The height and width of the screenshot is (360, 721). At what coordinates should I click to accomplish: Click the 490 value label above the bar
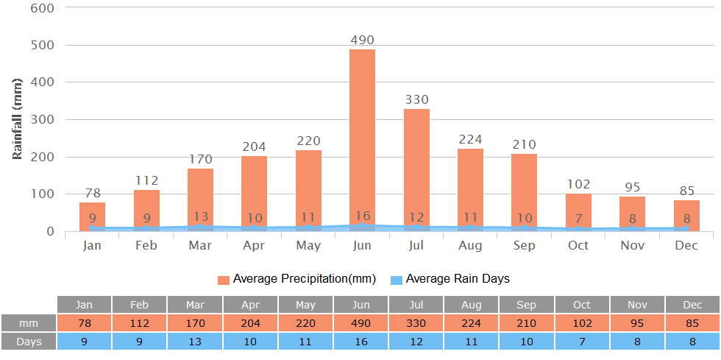pos(362,40)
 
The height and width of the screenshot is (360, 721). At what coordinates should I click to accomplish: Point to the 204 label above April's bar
pos(254,147)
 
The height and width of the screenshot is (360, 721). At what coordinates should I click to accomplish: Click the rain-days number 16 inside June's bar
pos(362,217)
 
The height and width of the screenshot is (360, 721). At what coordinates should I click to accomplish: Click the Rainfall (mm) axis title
pos(18,119)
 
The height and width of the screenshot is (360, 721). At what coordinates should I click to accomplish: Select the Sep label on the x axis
pos(524,246)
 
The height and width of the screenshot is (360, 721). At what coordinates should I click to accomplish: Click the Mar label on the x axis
pos(200,246)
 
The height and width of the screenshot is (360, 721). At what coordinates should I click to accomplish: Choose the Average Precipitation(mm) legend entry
pos(296,279)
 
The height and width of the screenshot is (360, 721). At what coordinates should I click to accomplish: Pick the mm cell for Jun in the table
pos(361,323)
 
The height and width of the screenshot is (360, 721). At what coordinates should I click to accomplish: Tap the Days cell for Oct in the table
pos(583,342)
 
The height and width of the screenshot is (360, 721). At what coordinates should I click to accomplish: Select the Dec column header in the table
pos(692,305)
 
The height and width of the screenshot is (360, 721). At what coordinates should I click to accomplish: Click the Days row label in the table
pos(29,342)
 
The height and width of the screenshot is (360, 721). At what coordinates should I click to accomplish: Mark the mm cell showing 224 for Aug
pos(472,323)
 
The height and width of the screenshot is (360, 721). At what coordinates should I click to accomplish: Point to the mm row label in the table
pos(29,323)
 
